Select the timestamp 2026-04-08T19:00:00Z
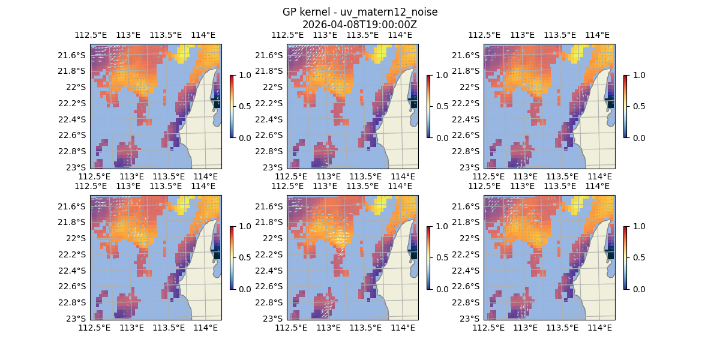pyautogui.click(x=359, y=25)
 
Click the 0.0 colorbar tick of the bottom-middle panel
pyautogui.click(x=442, y=289)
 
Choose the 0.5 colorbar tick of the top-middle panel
pyautogui.click(x=442, y=106)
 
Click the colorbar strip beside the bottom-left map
pyautogui.click(x=232, y=257)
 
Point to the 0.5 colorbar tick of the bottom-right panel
pyautogui.click(x=638, y=257)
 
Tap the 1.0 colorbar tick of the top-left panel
pyautogui.click(x=245, y=75)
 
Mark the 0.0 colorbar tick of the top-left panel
pyautogui.click(x=245, y=137)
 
